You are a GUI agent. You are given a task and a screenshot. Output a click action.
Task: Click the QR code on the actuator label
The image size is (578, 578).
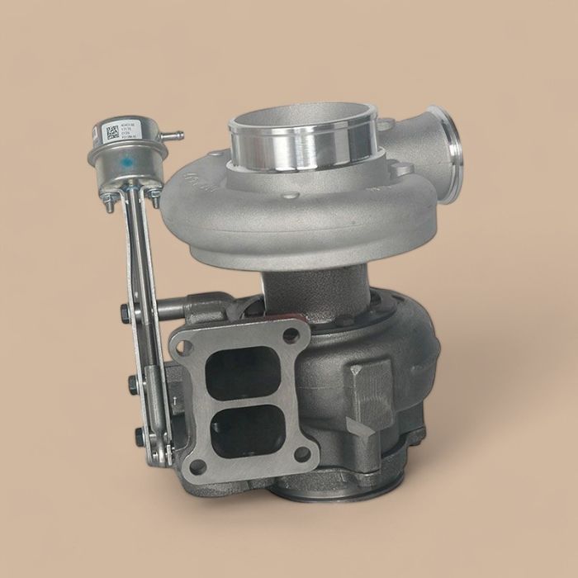click(111, 132)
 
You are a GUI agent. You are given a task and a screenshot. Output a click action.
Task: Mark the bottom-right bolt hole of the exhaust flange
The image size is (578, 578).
click(301, 453)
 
